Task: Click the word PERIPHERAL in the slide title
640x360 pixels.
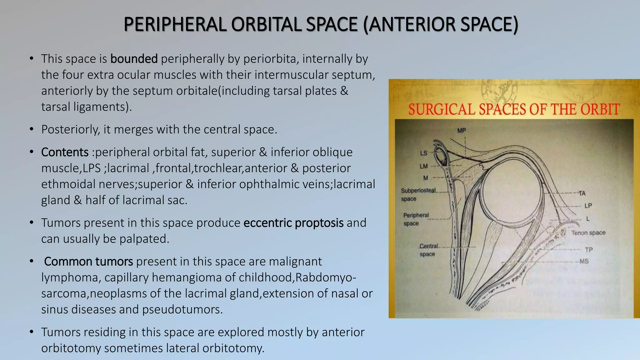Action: pyautogui.click(x=175, y=24)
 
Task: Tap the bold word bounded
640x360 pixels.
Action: pyautogui.click(x=134, y=59)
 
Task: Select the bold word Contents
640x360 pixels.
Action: pyautogui.click(x=65, y=152)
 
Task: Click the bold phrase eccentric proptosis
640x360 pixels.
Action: pyautogui.click(x=293, y=223)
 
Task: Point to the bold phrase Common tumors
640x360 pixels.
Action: pyautogui.click(x=88, y=261)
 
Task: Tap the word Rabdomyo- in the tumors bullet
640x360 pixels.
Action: pyautogui.click(x=325, y=277)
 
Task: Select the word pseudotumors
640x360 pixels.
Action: pyautogui.click(x=182, y=309)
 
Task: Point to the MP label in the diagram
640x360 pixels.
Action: pyautogui.click(x=461, y=131)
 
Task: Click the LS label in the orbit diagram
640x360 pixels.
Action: pyautogui.click(x=423, y=153)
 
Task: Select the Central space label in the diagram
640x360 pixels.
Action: pyautogui.click(x=428, y=250)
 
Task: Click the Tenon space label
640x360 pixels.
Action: pyautogui.click(x=588, y=233)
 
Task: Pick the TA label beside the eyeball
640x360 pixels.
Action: pyautogui.click(x=582, y=193)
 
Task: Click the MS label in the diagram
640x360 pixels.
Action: pyautogui.click(x=584, y=261)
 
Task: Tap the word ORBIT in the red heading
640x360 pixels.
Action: pyautogui.click(x=600, y=110)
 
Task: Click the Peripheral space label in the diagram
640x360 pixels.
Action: pyautogui.click(x=416, y=219)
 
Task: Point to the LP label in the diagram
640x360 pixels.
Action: pyautogui.click(x=588, y=206)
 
